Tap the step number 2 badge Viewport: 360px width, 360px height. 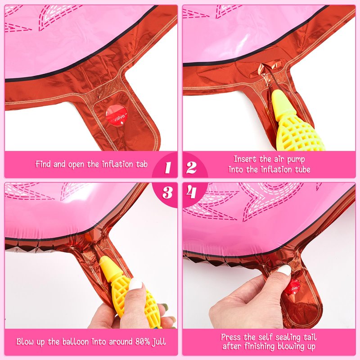point(191,167)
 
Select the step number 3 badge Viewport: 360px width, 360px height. point(167,193)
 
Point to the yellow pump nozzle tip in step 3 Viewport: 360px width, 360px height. point(106,260)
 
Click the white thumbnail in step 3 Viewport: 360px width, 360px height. point(135,285)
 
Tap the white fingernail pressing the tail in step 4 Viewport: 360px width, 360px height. point(284,270)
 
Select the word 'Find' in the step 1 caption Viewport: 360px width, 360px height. point(43,164)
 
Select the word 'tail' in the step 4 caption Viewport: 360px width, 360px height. point(310,337)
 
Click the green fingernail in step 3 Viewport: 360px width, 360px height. point(164,307)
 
